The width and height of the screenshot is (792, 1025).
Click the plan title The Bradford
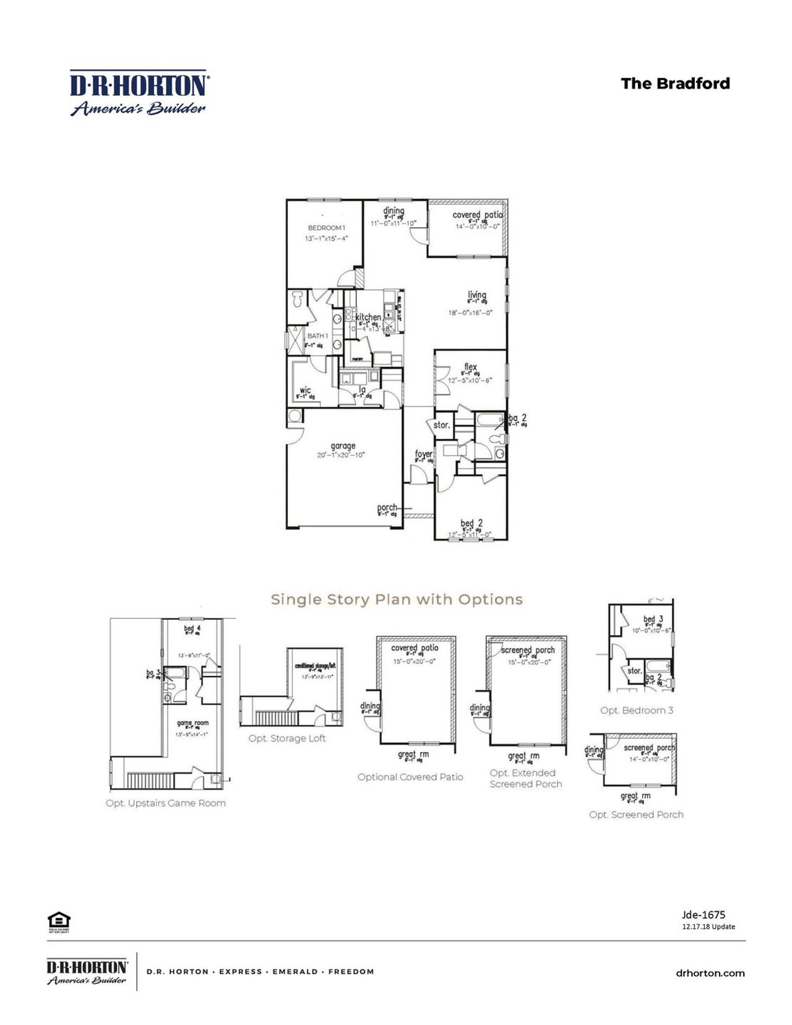tap(675, 84)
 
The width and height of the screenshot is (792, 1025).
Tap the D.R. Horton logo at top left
tap(139, 93)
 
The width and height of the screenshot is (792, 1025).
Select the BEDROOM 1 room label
tap(327, 228)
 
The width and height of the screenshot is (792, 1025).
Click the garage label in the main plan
tap(343, 446)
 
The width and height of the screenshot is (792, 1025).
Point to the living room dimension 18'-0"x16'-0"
tap(470, 313)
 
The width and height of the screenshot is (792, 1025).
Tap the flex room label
tap(470, 366)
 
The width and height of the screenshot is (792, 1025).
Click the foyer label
tap(423, 454)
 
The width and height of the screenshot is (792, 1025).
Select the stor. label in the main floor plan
tap(441, 425)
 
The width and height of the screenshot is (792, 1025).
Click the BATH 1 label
tap(317, 335)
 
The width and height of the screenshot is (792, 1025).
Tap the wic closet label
tap(305, 391)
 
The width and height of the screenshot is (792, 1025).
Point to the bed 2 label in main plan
tap(471, 523)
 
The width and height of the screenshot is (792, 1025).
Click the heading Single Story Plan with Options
tap(397, 599)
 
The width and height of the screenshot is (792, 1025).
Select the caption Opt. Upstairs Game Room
tap(165, 803)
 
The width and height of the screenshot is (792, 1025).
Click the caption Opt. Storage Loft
tap(287, 738)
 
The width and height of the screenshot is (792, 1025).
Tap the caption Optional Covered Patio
tap(410, 777)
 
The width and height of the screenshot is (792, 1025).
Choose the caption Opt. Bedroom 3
tap(637, 710)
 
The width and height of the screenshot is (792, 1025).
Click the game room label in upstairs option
tap(192, 723)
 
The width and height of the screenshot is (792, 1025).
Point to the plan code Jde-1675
tap(704, 914)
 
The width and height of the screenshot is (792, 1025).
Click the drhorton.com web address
tap(710, 973)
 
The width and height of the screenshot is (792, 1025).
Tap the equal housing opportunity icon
tap(59, 921)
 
